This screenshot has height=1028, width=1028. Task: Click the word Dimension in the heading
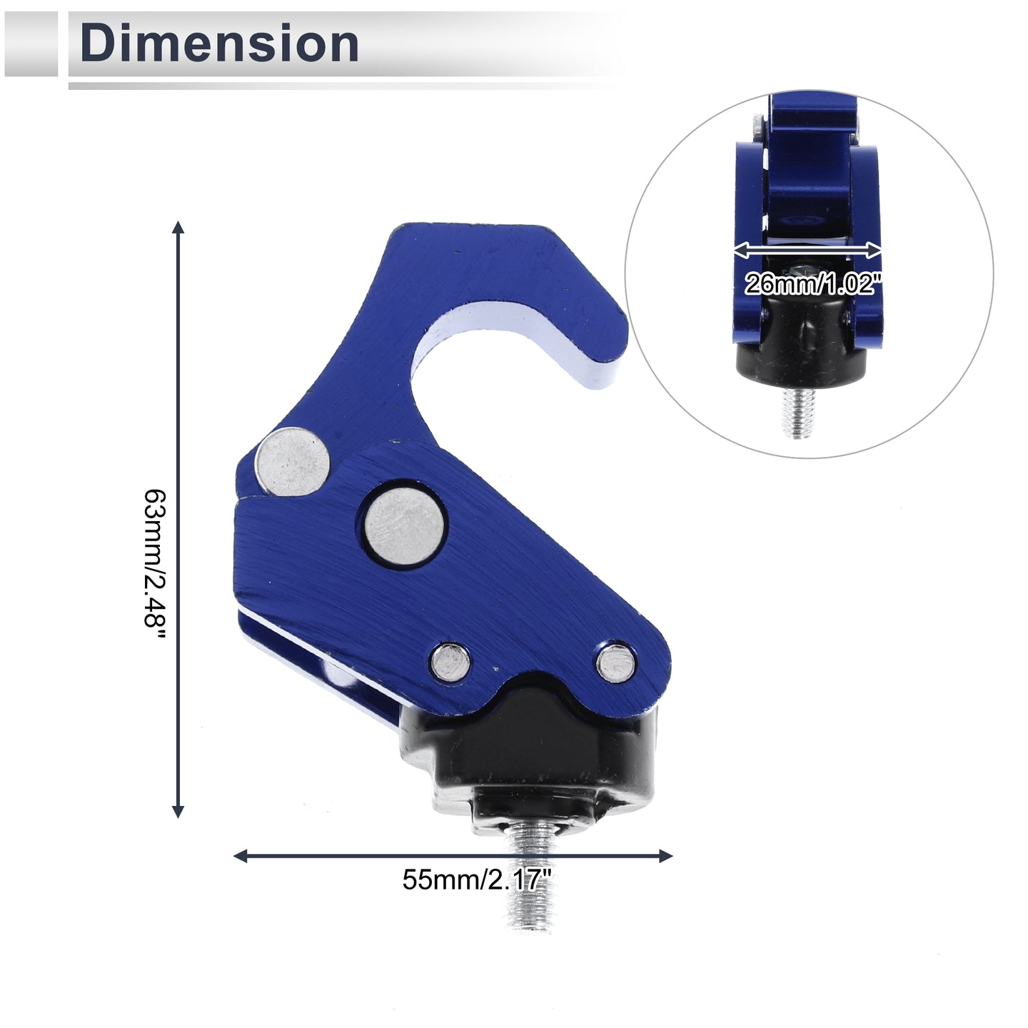coord(218,44)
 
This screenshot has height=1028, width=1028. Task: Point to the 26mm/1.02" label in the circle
coord(811,283)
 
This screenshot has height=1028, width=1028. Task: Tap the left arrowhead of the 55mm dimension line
coord(241,856)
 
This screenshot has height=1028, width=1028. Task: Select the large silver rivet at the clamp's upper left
coord(293,462)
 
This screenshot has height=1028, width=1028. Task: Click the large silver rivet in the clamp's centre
coord(405,525)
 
